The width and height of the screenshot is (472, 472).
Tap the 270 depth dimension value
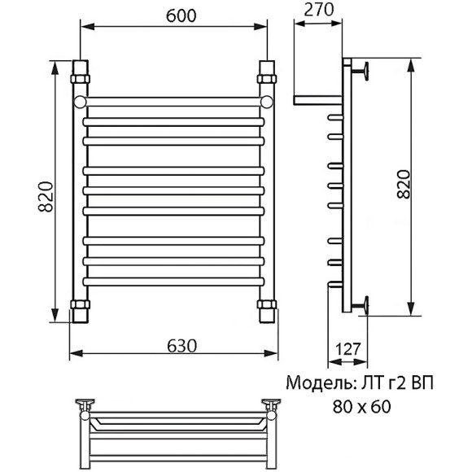319,10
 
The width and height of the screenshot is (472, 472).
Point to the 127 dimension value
347,350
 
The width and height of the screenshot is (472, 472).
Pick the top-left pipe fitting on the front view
81,75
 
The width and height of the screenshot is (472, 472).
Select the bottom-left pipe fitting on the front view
81,310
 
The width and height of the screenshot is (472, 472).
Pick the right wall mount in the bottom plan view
271,404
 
